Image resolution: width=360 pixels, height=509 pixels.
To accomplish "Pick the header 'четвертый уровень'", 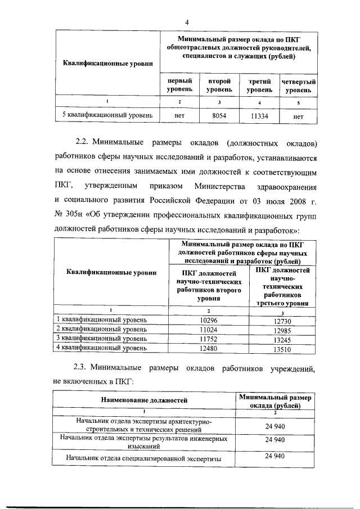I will point(299,85).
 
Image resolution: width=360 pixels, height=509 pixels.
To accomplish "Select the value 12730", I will point(282,321).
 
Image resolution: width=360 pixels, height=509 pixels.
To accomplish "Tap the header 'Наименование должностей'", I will point(144,400).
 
